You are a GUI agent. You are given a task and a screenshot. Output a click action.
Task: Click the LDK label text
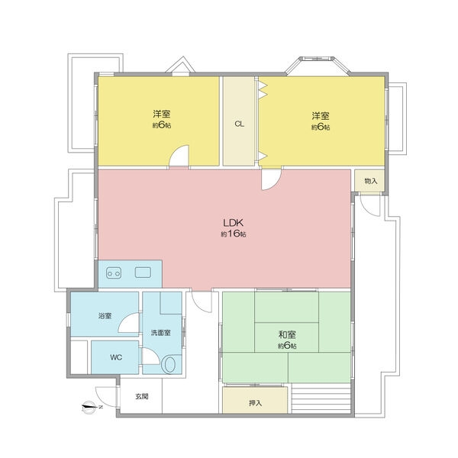(233, 223)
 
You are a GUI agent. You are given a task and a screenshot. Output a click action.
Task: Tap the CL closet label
(239, 124)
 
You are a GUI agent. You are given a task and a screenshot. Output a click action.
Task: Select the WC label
(116, 357)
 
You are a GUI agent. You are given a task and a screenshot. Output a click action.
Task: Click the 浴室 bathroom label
(105, 316)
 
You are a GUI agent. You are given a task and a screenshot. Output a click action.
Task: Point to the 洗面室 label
(161, 333)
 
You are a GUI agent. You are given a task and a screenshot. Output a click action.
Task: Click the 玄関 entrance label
(142, 396)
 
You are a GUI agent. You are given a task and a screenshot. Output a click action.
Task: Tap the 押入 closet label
(255, 403)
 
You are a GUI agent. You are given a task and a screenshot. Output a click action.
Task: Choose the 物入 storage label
(371, 181)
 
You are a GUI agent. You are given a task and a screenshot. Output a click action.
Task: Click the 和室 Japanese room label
(287, 334)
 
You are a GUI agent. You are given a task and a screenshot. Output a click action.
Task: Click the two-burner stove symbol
(114, 273)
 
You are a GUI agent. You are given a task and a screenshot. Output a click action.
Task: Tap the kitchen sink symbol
(143, 273)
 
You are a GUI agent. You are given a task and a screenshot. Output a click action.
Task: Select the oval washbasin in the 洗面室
(170, 365)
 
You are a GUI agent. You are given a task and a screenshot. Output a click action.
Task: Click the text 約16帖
(233, 234)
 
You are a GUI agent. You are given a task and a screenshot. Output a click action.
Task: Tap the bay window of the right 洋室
(318, 66)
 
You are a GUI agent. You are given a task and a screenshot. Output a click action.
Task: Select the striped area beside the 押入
(321, 398)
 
